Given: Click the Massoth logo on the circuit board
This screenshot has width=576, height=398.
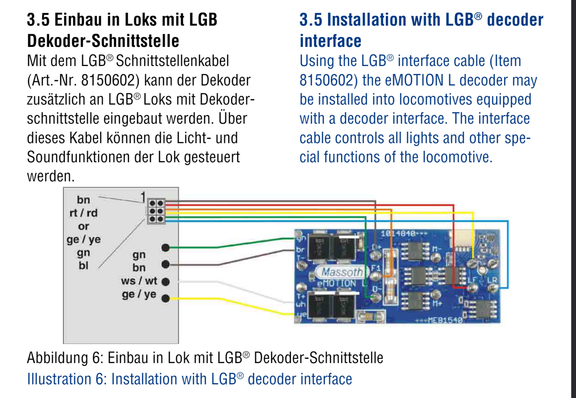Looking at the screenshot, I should (x=341, y=272).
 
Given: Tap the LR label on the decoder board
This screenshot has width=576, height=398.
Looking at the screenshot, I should (x=492, y=280).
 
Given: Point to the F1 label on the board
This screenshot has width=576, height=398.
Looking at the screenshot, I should (x=375, y=268).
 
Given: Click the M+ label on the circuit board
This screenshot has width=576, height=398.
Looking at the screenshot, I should (x=437, y=304).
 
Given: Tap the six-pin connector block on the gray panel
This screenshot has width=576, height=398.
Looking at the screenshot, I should (x=156, y=211).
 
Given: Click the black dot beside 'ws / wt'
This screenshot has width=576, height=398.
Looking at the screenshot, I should (x=166, y=282).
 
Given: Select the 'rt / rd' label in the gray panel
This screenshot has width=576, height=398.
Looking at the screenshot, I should (x=83, y=213).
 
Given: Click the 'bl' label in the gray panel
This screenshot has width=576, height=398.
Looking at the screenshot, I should (x=83, y=266).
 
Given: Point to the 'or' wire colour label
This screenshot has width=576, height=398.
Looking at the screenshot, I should (x=83, y=226).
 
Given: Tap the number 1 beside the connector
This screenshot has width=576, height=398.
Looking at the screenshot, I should (x=143, y=197).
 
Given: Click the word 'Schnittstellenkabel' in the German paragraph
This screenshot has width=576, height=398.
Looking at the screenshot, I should (x=172, y=61).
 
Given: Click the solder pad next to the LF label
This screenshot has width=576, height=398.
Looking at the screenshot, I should (x=472, y=288).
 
